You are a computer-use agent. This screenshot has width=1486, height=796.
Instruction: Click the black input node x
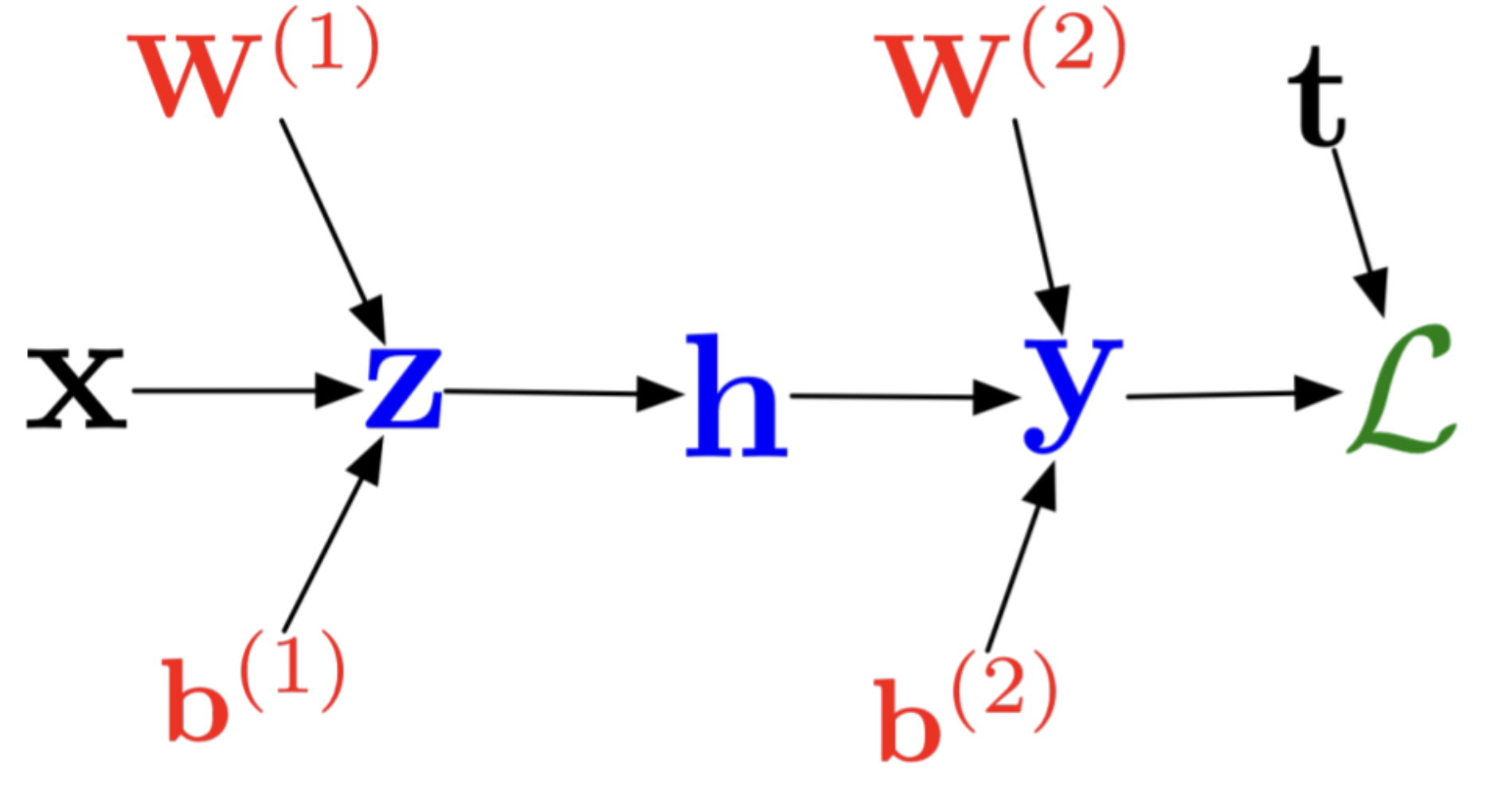tap(76, 389)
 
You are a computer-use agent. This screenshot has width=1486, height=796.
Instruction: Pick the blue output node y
tap(1071, 390)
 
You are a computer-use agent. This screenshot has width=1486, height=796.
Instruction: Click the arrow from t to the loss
tap(1359, 231)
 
